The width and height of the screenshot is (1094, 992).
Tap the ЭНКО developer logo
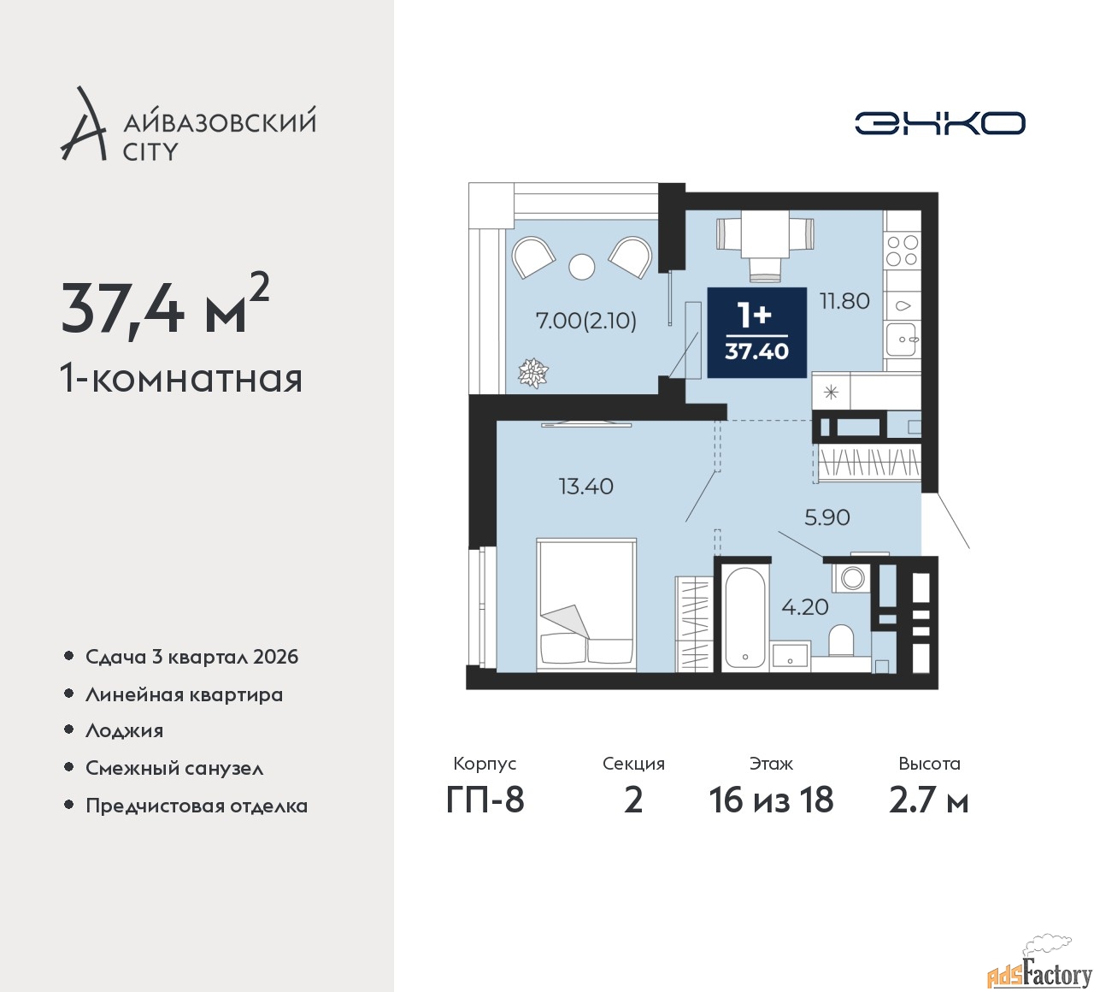coord(939,123)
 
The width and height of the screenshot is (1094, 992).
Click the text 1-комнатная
coord(181,378)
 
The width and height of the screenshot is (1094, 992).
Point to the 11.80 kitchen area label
coord(844,301)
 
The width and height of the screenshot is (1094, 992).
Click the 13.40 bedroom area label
coord(586,487)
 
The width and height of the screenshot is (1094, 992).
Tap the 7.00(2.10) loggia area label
coord(586,321)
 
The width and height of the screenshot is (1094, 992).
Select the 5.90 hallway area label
coord(827,517)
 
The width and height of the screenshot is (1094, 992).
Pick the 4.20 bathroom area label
coord(805,607)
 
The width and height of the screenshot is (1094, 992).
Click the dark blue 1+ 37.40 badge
coord(757,333)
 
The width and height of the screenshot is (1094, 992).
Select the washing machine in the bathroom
coord(850,576)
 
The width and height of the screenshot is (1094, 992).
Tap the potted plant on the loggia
coord(532,373)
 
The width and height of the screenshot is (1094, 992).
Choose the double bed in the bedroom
coord(586,605)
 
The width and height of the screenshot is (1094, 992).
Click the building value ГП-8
coord(485,800)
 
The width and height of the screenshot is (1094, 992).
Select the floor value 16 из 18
coord(771,800)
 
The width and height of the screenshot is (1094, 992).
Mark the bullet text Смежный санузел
coord(174,768)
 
